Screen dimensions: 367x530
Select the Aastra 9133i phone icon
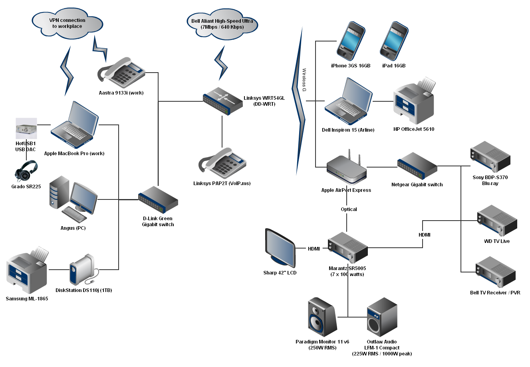coord(121,73)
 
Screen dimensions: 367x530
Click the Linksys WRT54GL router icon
coord(222,101)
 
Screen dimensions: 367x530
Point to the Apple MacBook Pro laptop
coord(75,126)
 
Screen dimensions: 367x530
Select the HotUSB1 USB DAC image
coord(26,128)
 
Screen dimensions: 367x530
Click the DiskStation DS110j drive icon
coord(83,270)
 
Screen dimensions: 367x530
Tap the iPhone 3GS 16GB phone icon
coord(351,41)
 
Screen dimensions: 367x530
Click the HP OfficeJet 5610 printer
coord(414,101)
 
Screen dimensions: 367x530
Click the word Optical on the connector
coord(349,209)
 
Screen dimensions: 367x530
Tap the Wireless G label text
coord(304,80)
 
